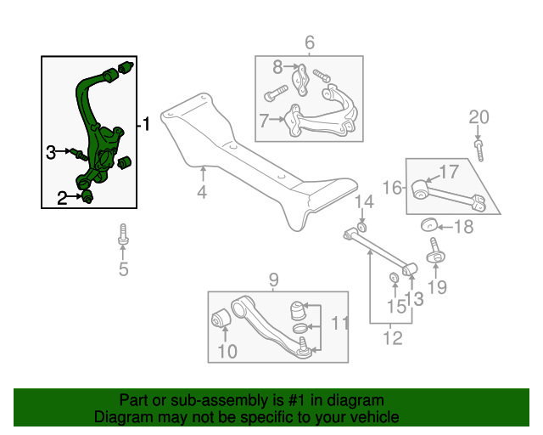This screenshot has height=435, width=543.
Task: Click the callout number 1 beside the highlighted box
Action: coord(146,124)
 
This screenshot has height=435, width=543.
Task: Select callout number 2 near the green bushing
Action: coord(62,199)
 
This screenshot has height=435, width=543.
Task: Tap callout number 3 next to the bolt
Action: coord(52,152)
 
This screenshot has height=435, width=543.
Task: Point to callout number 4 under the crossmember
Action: coord(202,192)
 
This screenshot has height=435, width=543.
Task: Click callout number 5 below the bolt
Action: coord(123,270)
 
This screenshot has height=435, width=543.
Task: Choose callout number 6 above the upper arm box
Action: coord(309,42)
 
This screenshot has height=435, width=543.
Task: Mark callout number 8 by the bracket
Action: coord(277,66)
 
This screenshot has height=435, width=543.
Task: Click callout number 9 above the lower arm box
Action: coord(273,280)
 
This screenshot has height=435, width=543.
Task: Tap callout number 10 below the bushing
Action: coord(227,351)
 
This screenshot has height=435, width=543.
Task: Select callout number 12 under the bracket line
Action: coord(391,339)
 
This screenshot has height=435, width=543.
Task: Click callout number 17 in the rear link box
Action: coord(449,172)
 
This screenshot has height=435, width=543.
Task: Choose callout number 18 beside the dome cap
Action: coord(464,226)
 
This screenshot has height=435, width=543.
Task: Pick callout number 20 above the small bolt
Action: coord(479,116)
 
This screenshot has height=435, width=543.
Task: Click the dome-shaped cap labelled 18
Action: coord(430,225)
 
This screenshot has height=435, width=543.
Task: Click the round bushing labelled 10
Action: coord(221,320)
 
